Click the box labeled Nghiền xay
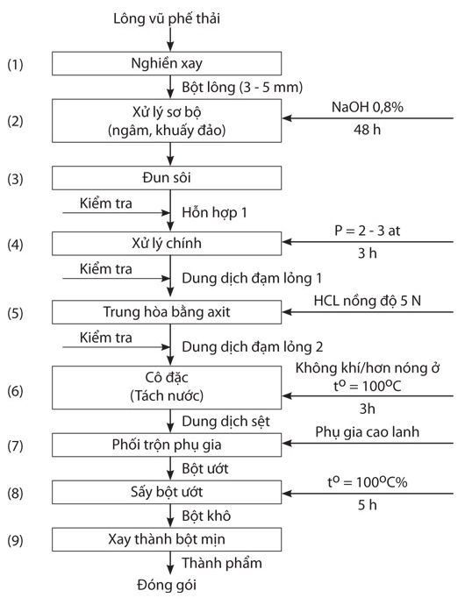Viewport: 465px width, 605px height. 167,63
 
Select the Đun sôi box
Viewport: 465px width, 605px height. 167,178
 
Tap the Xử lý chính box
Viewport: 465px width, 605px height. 167,244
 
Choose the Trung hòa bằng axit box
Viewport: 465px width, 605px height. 167,312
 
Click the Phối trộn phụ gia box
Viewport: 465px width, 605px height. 167,445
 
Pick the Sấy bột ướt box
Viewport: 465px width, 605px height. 167,492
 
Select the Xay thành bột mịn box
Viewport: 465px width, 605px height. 167,539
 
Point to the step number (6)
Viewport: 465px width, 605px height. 16,391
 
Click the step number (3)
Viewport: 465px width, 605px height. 16,179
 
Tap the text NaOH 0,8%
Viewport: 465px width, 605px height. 368,107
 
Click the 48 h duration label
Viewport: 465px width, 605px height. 367,130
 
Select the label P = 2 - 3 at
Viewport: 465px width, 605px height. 368,231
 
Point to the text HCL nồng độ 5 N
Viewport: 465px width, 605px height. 368,301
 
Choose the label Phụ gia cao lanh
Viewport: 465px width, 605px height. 368,432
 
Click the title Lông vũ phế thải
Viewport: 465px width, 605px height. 167,18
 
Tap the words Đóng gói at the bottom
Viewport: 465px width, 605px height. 167,586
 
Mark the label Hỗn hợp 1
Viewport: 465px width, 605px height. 214,212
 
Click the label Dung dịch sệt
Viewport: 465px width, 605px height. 226,422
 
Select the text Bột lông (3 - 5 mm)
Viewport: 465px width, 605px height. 242,87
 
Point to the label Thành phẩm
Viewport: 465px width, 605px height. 222,563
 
